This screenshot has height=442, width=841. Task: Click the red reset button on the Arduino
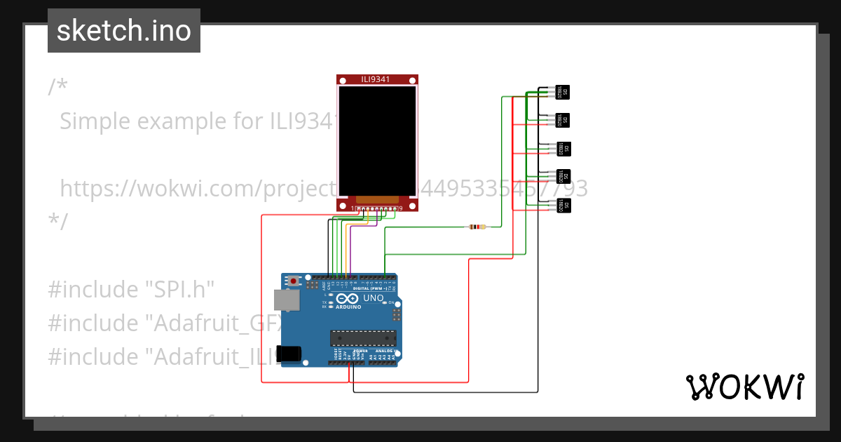(x=294, y=281)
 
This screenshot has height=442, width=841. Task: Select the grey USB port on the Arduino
(x=286, y=300)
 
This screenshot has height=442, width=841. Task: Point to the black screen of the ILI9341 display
(x=377, y=140)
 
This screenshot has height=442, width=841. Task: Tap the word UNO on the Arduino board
(x=373, y=298)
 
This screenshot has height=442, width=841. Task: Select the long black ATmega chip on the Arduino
(x=363, y=337)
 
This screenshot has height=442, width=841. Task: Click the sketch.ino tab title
(x=124, y=31)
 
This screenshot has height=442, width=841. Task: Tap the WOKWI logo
(x=744, y=387)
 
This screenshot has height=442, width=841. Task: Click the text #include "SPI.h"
(x=131, y=289)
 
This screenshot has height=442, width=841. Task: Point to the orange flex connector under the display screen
(x=377, y=200)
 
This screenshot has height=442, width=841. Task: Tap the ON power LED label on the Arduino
(x=391, y=302)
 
